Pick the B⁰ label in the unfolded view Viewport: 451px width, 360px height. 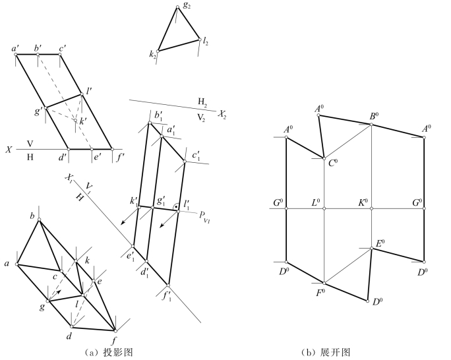coord(373,116)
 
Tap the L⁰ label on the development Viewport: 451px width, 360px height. coord(316,201)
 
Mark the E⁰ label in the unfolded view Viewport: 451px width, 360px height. coord(380,243)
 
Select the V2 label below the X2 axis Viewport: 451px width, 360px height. coord(202,115)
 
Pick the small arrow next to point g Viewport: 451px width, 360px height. coord(59,290)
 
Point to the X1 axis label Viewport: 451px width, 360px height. coord(69,178)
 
